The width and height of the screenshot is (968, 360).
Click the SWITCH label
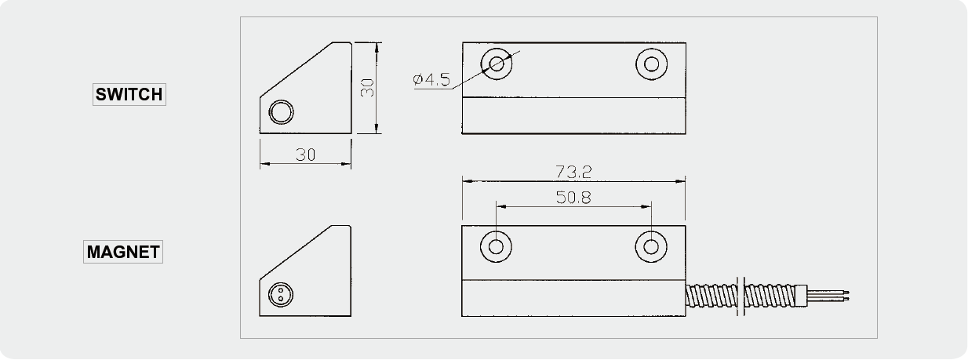tap(129, 94)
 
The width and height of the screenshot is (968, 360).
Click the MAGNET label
tap(123, 252)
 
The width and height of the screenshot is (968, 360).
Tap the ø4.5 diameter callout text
tap(431, 79)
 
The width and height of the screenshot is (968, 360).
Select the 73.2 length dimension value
tap(573, 172)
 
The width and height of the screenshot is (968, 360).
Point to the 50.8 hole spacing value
tap(573, 198)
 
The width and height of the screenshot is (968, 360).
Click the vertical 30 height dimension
tap(367, 88)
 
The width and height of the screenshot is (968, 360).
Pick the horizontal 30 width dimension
tap(305, 155)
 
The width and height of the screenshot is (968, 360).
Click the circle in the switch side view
tap(281, 112)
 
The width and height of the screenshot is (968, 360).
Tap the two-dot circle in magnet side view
tap(281, 295)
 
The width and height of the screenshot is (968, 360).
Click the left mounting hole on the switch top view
tap(497, 64)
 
